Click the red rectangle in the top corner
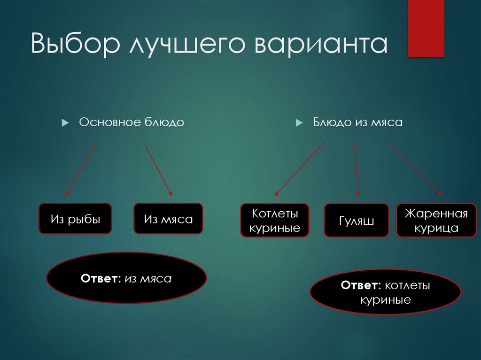click(x=426, y=28)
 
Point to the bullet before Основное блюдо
click(x=65, y=123)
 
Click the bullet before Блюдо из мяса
click(x=298, y=123)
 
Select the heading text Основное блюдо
click(x=132, y=123)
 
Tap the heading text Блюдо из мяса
click(x=358, y=123)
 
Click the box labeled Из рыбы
click(x=75, y=219)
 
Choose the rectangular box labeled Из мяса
click(x=168, y=219)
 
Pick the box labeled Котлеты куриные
click(x=275, y=220)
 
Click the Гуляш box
click(x=356, y=220)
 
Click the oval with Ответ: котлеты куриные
click(x=385, y=292)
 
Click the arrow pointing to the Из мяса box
click(x=159, y=170)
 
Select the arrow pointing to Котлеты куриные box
click(x=299, y=169)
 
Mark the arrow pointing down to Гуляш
click(x=357, y=169)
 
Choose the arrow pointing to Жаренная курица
click(x=415, y=168)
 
